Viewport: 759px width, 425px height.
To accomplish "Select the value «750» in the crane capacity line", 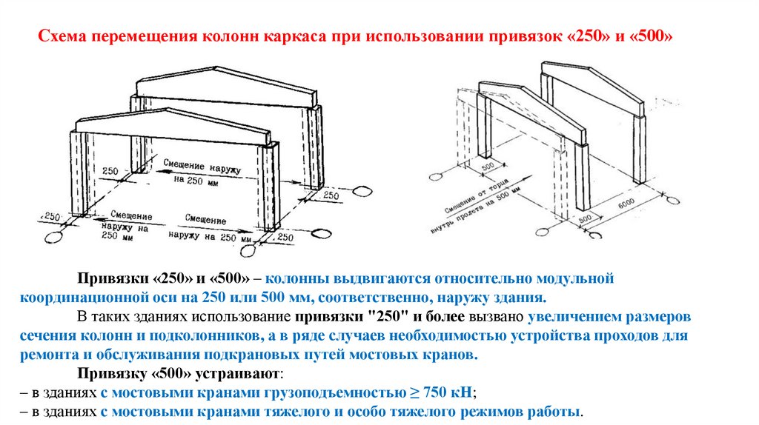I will [428, 392].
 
